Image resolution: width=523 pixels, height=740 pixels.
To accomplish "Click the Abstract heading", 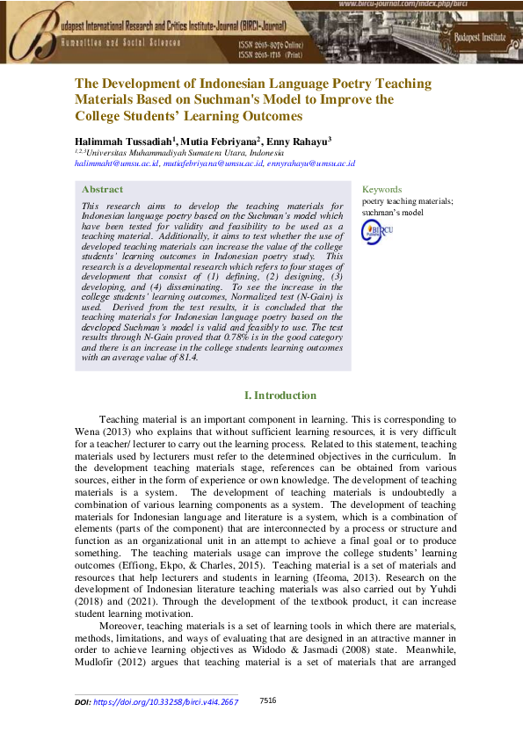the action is click(x=102, y=190).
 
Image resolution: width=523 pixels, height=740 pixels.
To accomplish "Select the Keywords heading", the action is click(x=381, y=189).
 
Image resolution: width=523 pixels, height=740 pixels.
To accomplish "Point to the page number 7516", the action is click(x=268, y=700).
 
